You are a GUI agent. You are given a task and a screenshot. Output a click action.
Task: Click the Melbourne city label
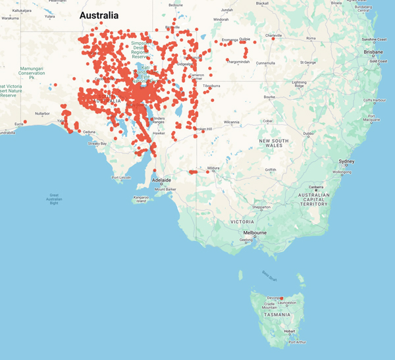point(255,232)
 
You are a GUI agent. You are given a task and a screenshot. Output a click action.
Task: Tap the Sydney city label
point(346,161)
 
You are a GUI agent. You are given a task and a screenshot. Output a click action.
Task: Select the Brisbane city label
point(373,51)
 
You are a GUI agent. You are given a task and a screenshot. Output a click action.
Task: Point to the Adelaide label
point(161,180)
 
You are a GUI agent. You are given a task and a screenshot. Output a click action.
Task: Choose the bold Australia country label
point(99,15)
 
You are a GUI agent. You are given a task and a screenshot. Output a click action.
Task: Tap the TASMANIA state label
point(276,315)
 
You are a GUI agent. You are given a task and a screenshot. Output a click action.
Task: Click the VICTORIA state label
point(242,222)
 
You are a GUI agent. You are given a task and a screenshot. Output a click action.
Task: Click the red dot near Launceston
point(282,299)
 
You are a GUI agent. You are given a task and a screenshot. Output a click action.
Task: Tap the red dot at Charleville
point(273,39)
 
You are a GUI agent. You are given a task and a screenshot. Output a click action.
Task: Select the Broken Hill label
point(203,129)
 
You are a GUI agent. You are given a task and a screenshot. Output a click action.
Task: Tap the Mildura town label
point(213,168)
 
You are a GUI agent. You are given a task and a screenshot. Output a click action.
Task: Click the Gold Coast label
point(377,61)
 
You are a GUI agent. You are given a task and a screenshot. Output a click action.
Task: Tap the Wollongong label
point(342,172)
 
